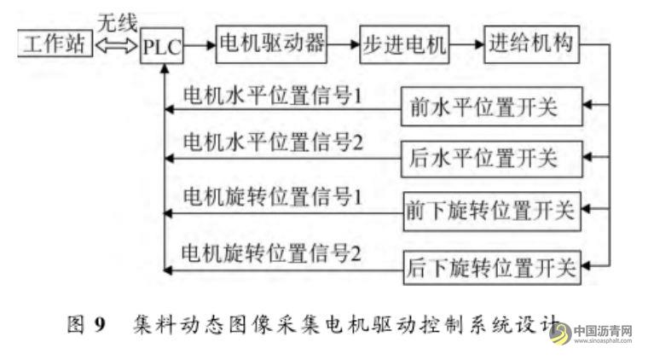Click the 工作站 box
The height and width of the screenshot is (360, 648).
coord(54,44)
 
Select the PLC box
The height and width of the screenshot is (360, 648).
coord(162,46)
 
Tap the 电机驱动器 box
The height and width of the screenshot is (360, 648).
coord(272,44)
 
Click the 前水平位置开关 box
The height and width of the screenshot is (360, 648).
coord(492,110)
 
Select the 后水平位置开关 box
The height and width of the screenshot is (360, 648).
coord(492,159)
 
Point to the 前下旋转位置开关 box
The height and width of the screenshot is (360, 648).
coord(492,210)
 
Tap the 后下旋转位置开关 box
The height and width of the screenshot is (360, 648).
coord(492,269)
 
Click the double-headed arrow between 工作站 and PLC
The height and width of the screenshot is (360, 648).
coord(115,46)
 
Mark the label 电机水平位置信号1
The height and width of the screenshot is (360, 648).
coord(274,94)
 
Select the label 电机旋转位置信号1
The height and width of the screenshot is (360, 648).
coord(274,195)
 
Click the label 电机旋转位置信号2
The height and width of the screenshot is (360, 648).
coord(274,253)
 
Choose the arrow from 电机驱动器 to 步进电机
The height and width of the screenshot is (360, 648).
coord(345,45)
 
